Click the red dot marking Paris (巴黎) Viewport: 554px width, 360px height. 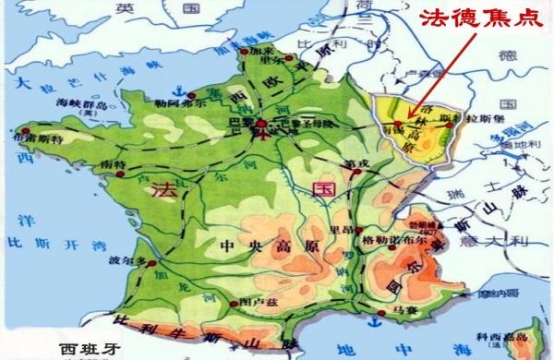pyautogui.click(x=260, y=123)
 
